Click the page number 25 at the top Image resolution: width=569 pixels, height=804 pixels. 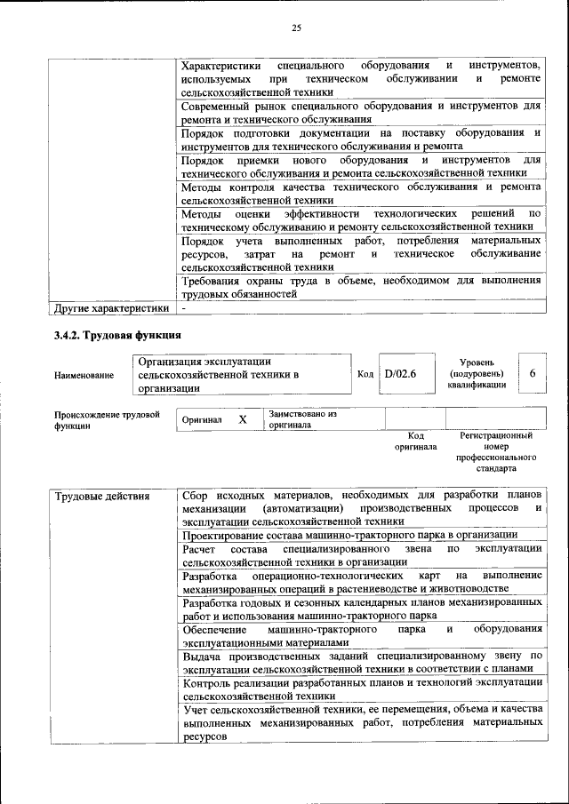coord(297,28)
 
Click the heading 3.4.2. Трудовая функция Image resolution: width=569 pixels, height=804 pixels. coord(117,335)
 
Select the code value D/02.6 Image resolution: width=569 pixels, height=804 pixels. coord(399,374)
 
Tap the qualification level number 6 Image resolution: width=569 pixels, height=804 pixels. coord(532,374)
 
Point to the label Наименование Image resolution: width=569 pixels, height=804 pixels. coord(84,375)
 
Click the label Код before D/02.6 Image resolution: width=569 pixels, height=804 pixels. coord(365,374)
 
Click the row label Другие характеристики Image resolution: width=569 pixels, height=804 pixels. coord(110,308)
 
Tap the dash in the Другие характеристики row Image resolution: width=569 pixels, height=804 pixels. coord(183,308)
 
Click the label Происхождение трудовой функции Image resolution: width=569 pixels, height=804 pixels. coord(106,419)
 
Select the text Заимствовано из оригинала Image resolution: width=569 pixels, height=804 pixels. coord(302,419)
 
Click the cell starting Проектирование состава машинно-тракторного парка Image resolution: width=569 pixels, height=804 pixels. coord(349,535)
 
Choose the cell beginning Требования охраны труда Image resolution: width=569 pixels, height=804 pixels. coord(360,286)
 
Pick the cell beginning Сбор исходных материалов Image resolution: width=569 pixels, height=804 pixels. coord(360,508)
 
